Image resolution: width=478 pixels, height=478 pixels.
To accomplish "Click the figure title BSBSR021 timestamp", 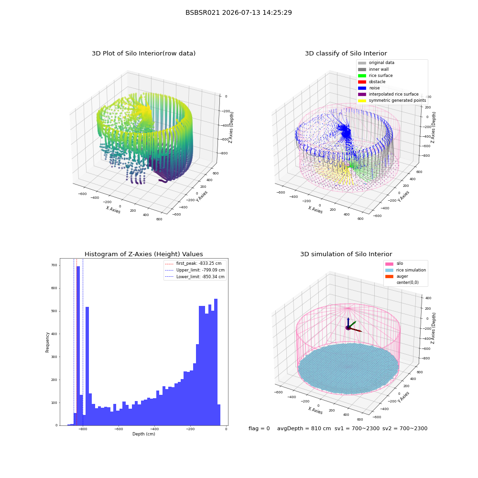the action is coord(239,12).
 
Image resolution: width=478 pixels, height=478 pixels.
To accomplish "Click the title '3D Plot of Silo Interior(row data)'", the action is coord(143,54).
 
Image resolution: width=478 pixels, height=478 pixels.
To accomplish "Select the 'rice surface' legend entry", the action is coord(375,76).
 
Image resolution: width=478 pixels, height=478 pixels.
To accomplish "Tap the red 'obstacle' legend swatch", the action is coord(362,82).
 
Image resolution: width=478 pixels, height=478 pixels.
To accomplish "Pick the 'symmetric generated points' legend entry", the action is coord(392,100).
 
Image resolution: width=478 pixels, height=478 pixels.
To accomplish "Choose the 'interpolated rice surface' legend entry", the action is coord(388,94).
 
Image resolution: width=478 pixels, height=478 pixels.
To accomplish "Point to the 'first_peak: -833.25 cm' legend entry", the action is coord(193,263).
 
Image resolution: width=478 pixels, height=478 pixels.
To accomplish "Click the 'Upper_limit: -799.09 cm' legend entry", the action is coord(195,270).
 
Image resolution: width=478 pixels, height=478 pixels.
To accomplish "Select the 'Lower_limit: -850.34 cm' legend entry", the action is coord(195,277).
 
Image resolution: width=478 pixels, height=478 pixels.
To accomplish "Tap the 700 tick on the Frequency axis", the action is coord(54,265).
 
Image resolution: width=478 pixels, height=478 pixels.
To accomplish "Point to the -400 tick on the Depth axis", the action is coord(154,429).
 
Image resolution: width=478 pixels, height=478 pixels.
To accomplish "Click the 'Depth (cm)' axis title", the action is coord(144,434).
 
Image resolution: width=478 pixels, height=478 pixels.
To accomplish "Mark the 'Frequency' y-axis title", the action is coord(47,342).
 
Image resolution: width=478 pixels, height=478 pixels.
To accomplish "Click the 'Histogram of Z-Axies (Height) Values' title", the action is coord(143,254).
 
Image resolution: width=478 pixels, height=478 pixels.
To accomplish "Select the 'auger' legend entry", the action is coord(397,276).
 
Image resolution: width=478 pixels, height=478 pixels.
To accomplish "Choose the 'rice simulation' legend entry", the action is coord(405,270).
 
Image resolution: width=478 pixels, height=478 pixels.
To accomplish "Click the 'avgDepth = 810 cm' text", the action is coord(304,429).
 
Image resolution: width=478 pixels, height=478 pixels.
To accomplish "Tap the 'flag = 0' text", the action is coord(259,429).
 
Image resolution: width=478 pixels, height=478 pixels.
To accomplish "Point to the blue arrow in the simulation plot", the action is coord(348,323).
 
